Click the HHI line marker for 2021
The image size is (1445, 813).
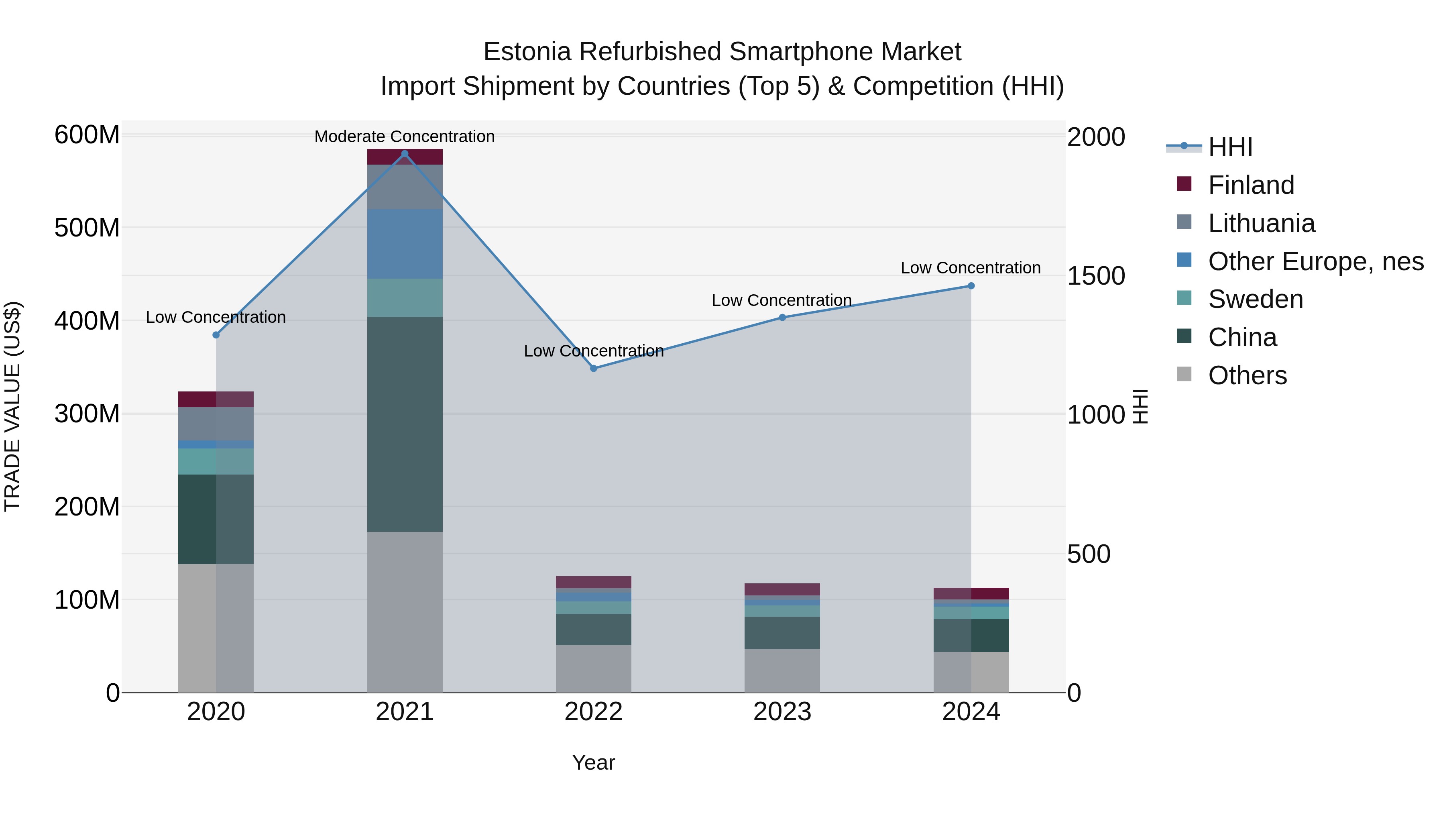click(x=405, y=154)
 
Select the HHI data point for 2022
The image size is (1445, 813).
click(x=594, y=369)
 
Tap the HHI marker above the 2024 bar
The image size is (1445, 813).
click(x=971, y=286)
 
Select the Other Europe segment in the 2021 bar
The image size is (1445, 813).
click(x=405, y=244)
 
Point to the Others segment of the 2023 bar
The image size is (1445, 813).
click(x=782, y=670)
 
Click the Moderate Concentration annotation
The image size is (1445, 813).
click(x=405, y=137)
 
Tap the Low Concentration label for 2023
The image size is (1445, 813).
click(x=782, y=300)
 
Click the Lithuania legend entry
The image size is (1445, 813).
click(x=1261, y=223)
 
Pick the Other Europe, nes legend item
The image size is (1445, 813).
click(x=1315, y=261)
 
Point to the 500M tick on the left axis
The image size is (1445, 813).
click(x=87, y=228)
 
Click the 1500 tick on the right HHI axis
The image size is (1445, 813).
click(x=1095, y=276)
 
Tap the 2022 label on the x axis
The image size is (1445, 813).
click(x=594, y=712)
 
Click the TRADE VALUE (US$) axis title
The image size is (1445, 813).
click(x=12, y=406)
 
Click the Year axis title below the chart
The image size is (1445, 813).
click(x=594, y=762)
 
